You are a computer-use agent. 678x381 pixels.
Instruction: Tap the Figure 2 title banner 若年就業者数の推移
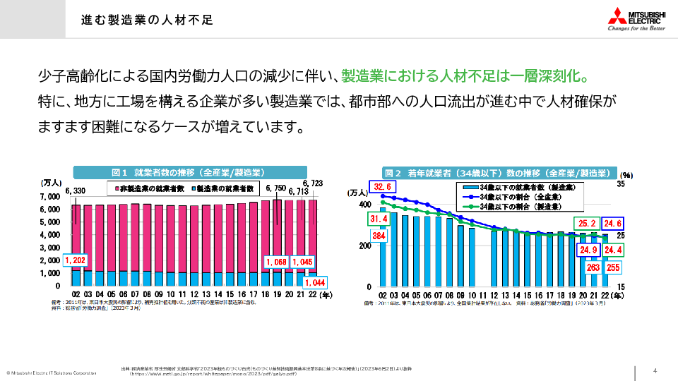click(497, 172)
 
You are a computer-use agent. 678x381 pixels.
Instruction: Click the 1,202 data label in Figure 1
click(75, 260)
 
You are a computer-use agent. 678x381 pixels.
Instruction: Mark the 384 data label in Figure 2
click(379, 236)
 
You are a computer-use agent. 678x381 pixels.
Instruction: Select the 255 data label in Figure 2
click(613, 267)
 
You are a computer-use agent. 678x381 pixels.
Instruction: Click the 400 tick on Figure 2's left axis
click(364, 205)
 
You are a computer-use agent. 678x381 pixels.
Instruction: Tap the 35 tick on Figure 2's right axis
click(621, 184)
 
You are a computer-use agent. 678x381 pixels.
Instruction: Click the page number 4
click(655, 371)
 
